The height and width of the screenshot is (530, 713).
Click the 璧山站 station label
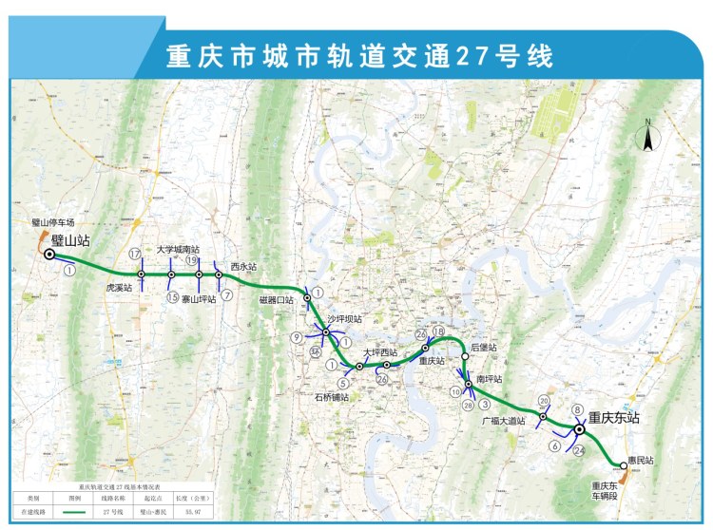71,240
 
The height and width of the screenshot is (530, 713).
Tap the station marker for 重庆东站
579,430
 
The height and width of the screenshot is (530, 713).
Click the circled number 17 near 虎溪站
135,253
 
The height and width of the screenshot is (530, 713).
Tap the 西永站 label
243,268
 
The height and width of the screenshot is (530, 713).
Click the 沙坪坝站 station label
345,319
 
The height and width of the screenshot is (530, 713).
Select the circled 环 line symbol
315,351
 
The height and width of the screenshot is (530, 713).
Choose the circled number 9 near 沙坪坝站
297,336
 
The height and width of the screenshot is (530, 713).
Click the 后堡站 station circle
464,356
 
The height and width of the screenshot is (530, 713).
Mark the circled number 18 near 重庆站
438,331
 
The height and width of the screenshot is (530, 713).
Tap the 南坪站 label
489,378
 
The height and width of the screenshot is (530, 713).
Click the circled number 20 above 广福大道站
544,401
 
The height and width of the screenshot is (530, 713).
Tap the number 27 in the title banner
471,56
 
